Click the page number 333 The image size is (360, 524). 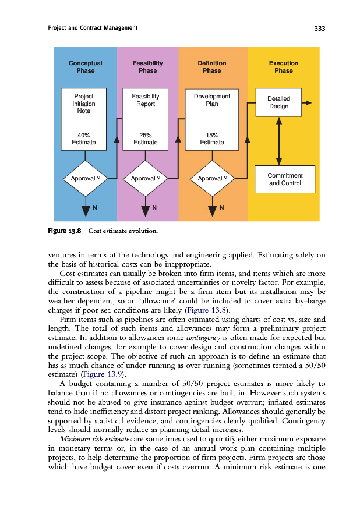[319, 28]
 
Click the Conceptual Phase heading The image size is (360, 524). [85, 67]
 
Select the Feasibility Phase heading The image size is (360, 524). [147, 67]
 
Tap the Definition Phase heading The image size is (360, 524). [211, 67]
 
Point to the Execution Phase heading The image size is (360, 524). [284, 67]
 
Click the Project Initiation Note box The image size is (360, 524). [84, 104]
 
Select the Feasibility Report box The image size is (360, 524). [146, 100]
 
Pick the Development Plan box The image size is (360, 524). [211, 100]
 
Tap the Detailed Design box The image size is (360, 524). [278, 102]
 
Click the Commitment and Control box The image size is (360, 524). [285, 179]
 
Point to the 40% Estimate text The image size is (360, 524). [84, 139]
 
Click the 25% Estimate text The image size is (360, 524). [146, 139]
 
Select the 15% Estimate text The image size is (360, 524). [211, 139]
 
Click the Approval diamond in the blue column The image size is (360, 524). [85, 178]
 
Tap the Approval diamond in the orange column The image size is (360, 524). [211, 178]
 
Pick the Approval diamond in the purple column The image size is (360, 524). [146, 178]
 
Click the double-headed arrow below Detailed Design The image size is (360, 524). [279, 141]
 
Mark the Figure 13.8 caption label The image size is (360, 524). [64, 231]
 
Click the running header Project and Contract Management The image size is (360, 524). [93, 28]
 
